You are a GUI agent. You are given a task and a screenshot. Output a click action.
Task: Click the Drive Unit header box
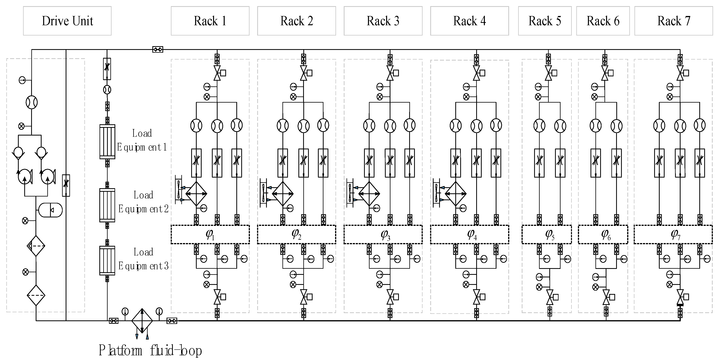pyautogui.click(x=67, y=21)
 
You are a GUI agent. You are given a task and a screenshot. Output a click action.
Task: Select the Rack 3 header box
pyautogui.click(x=383, y=21)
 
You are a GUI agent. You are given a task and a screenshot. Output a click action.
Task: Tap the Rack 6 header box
pyautogui.click(x=603, y=21)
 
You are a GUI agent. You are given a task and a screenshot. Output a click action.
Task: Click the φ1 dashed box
pyautogui.click(x=210, y=234)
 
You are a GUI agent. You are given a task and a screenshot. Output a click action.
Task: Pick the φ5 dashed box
pyautogui.click(x=547, y=234)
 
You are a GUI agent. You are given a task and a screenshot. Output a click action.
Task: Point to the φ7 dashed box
pyautogui.click(x=673, y=234)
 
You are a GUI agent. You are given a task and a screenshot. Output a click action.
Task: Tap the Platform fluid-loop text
pyautogui.click(x=150, y=350)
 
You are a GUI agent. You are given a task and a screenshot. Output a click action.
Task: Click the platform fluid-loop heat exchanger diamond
pyautogui.click(x=142, y=321)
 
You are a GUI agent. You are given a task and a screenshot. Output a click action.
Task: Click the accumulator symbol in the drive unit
pyautogui.click(x=50, y=210)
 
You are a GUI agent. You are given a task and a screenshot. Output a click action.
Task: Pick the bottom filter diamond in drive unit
pyautogui.click(x=36, y=295)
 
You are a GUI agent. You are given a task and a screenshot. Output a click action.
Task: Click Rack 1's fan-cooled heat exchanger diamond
pyautogui.click(x=196, y=193)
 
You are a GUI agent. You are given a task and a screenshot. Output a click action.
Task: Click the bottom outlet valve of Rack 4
pyautogui.click(x=476, y=297)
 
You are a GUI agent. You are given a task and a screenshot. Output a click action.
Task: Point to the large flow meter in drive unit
pyautogui.click(x=32, y=103)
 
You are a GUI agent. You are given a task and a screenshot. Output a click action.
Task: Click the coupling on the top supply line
pyautogui.click(x=158, y=50)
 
